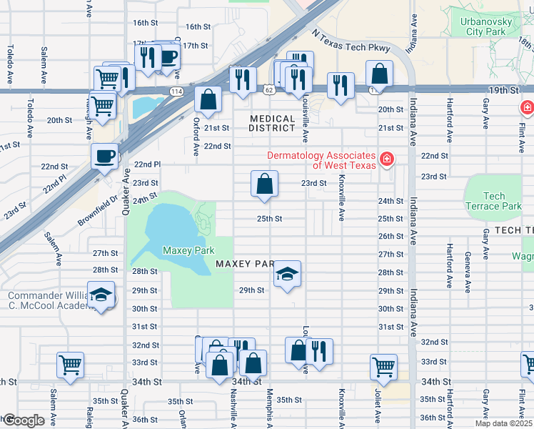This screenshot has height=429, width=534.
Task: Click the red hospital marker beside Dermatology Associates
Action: pyautogui.click(x=386, y=159)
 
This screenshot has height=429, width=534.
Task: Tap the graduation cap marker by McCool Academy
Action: pyautogui.click(x=101, y=295)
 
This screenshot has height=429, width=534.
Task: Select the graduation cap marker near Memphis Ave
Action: pyautogui.click(x=287, y=274)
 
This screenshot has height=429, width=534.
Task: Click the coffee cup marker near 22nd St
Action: pyautogui.click(x=105, y=156)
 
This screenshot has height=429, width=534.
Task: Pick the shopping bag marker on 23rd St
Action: pyautogui.click(x=264, y=184)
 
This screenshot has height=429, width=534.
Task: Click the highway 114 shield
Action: pyautogui.click(x=175, y=91)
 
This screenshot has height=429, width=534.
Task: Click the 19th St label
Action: pyautogui.click(x=508, y=89)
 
